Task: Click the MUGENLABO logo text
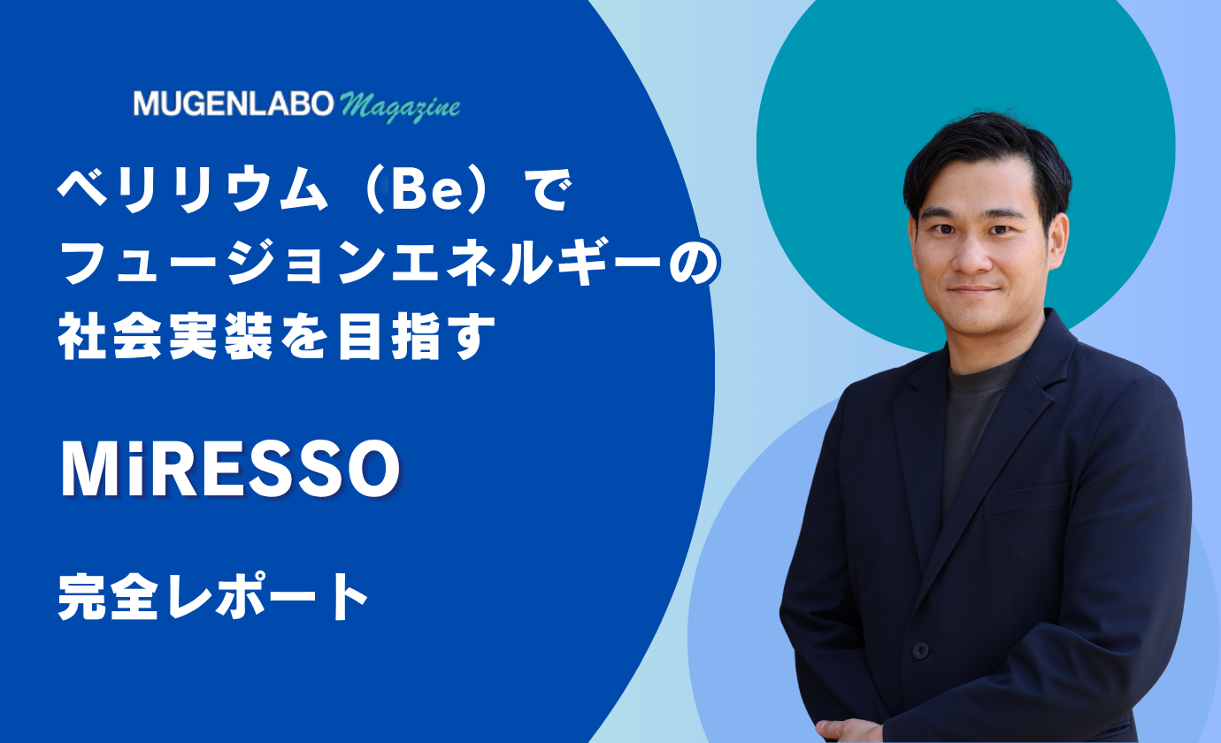[234, 103]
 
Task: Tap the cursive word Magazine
[400, 106]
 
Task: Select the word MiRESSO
[230, 470]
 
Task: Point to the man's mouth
[974, 289]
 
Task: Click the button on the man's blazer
[921, 650]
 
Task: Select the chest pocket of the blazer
[1025, 498]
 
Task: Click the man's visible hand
[842, 731]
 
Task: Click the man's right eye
[942, 229]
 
